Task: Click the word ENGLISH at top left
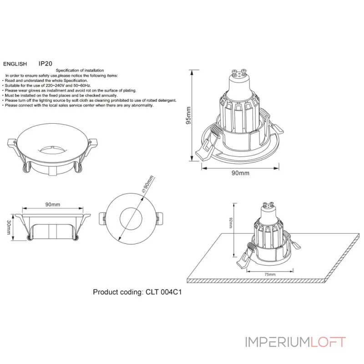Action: pos(15,65)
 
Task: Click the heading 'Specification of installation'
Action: pos(80,71)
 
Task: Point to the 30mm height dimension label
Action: pos(8,225)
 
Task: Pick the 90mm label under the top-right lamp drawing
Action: pos(240,173)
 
